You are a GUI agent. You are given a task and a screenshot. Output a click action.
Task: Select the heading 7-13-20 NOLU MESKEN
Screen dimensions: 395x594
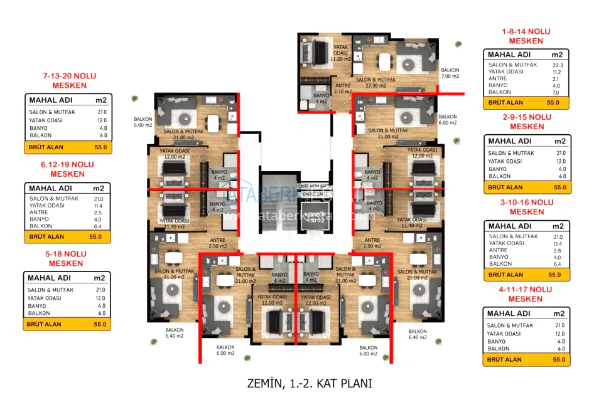(70, 80)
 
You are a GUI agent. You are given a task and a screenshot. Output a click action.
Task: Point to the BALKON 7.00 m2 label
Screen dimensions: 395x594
(450, 73)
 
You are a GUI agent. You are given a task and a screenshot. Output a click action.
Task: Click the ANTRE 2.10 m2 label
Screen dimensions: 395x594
(343, 88)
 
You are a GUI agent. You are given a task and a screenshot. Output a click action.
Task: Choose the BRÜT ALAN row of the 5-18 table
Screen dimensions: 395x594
(67, 324)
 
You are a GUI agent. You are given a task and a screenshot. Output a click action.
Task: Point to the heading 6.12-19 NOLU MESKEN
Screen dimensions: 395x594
(67, 169)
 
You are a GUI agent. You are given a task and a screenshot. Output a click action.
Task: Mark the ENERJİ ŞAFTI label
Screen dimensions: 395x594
(316, 194)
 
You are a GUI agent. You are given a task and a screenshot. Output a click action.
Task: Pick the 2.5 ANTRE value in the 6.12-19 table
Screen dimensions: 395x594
(96, 212)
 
